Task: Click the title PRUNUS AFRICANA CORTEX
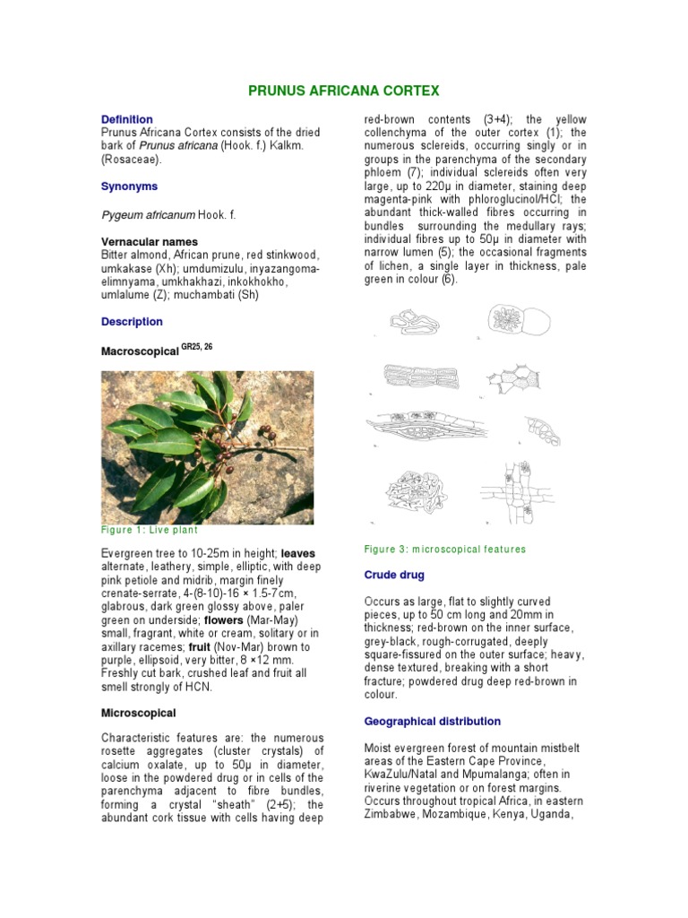343,91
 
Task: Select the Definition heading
126,119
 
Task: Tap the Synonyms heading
129,186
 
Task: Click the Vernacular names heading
150,242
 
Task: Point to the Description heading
132,322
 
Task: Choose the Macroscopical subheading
140,353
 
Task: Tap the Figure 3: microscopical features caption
445,549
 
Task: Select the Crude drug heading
394,575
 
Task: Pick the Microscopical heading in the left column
139,713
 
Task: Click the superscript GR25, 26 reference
197,346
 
